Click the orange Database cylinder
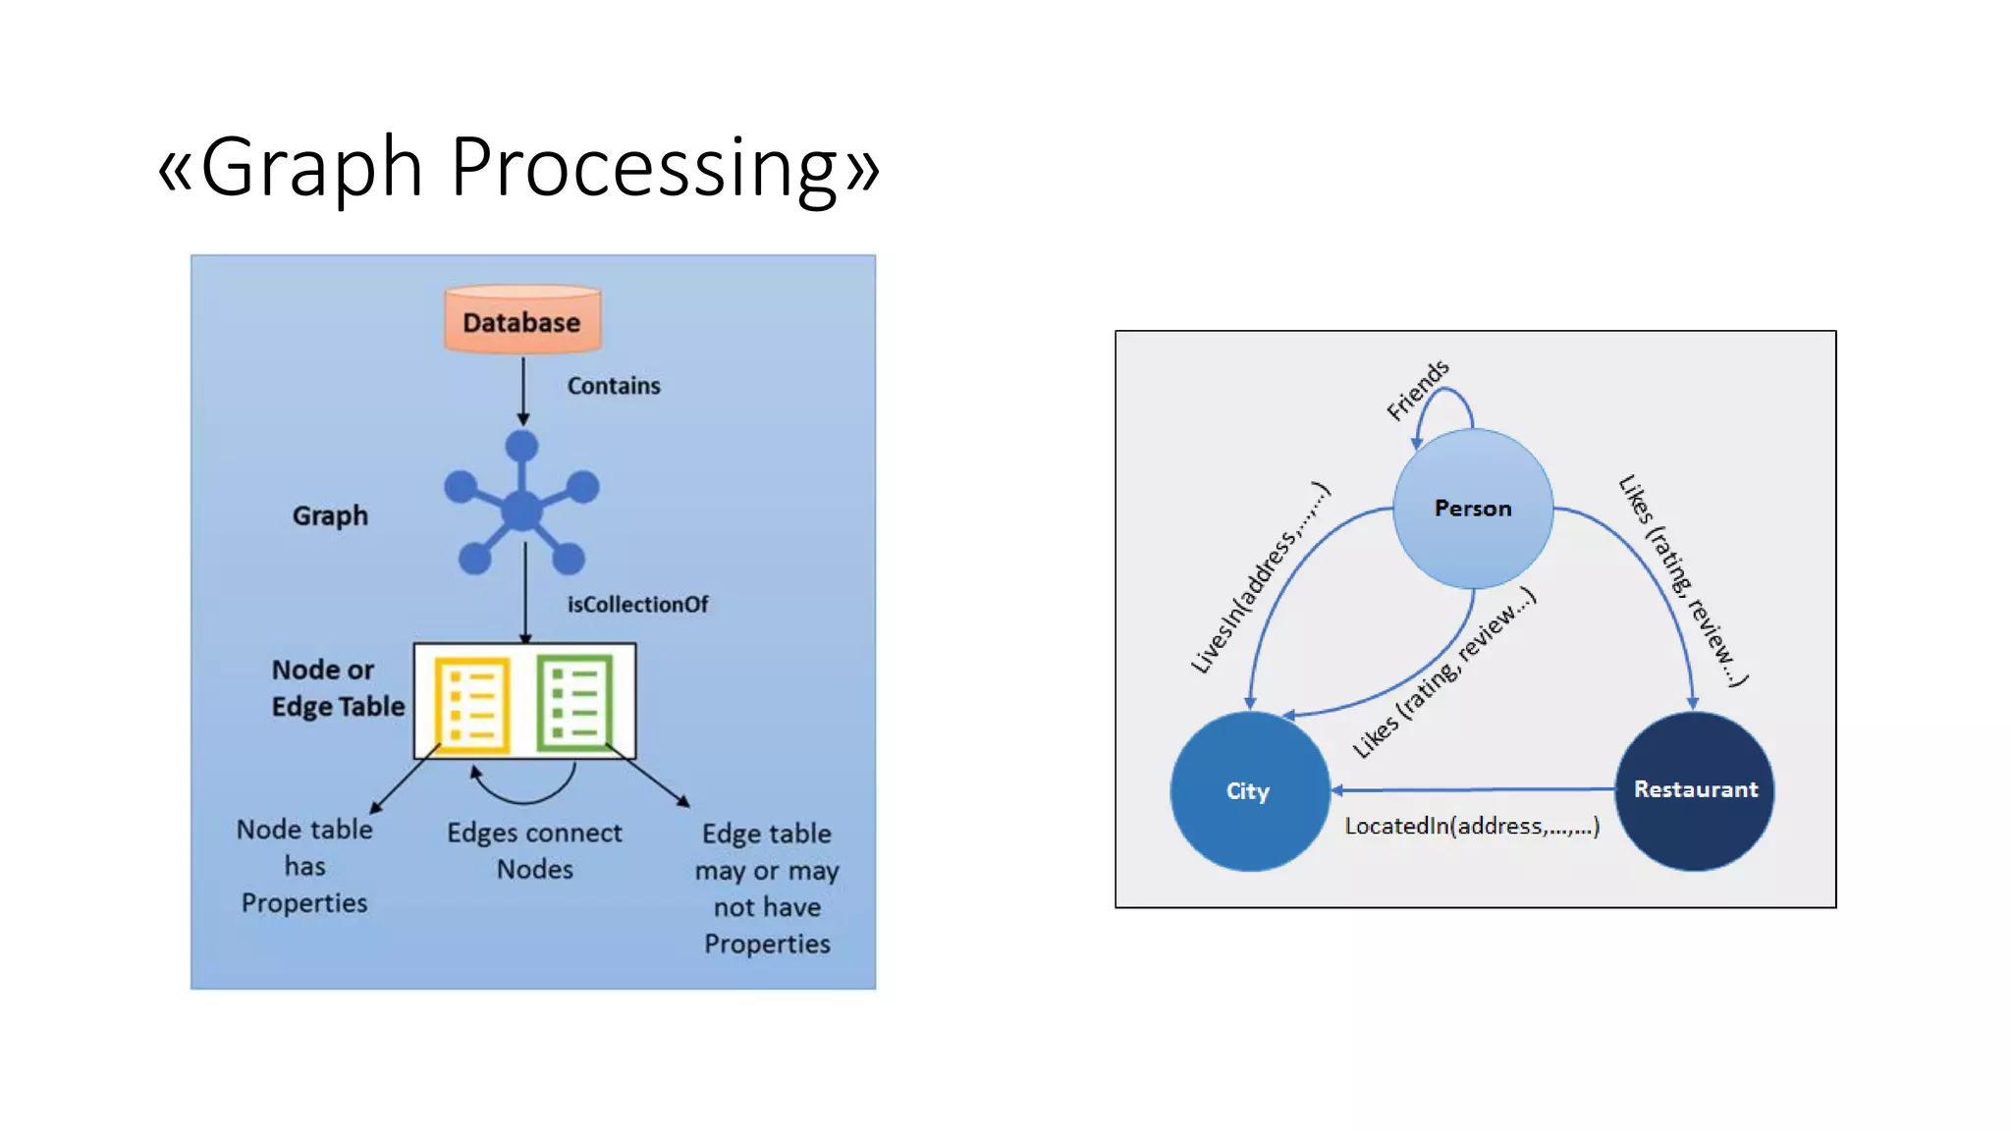(x=521, y=320)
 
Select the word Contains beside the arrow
(x=613, y=386)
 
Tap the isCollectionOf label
(x=636, y=605)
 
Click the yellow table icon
(x=472, y=703)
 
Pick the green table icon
(x=574, y=701)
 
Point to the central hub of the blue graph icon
(x=521, y=511)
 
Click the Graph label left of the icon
(x=330, y=515)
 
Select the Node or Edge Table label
(x=337, y=688)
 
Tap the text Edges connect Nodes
(x=534, y=850)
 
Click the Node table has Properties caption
(x=304, y=866)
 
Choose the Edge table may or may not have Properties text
(x=767, y=888)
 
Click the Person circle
(x=1472, y=509)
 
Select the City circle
(x=1248, y=791)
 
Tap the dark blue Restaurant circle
(x=1695, y=790)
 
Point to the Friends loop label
(x=1416, y=390)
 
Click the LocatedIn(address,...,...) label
(x=1471, y=826)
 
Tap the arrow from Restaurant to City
(x=1473, y=788)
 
